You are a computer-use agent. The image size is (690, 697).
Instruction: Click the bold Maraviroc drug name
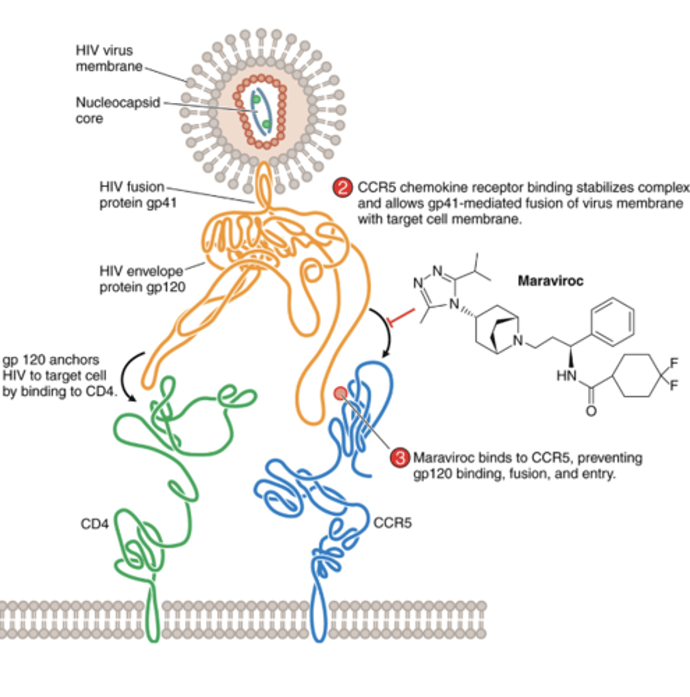pos(550,281)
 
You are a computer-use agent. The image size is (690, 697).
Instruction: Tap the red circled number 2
pos(343,188)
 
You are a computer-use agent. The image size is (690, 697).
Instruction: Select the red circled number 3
pos(400,458)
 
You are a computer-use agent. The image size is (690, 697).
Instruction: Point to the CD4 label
pos(95,524)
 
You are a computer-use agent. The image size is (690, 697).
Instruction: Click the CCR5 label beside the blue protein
pos(393,523)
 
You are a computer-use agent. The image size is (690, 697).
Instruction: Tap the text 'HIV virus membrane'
pos(109,58)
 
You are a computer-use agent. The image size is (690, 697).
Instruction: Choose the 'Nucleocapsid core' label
pos(117,110)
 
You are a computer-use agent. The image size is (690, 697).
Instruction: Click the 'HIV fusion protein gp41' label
pos(138,195)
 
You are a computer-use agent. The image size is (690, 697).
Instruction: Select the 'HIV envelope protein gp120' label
pos(142,279)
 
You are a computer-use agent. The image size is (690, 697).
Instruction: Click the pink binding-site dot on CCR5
pos(340,394)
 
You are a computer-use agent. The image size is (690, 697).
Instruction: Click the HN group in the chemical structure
pos(566,376)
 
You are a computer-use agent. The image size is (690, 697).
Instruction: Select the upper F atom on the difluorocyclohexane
pos(674,364)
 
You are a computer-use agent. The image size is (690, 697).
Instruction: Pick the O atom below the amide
pos(591,411)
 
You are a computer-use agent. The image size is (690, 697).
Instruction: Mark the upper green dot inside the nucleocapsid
pos(256,100)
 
